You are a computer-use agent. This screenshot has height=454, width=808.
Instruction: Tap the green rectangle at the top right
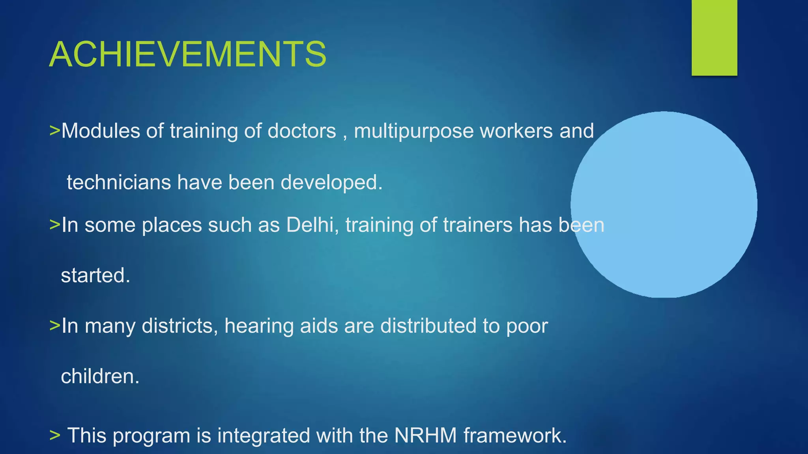click(x=714, y=37)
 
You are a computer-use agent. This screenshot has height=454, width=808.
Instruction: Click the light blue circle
click(x=664, y=204)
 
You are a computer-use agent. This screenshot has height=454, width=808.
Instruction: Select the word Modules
click(x=101, y=131)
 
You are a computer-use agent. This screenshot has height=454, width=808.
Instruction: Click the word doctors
click(x=302, y=131)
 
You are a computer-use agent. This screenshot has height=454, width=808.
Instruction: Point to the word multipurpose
click(x=413, y=132)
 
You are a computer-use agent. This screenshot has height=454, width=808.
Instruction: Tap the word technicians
click(x=119, y=182)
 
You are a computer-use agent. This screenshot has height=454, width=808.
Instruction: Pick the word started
click(x=95, y=275)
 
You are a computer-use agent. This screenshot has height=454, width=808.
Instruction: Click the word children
click(x=100, y=376)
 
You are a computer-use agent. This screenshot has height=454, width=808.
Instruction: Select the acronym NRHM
click(x=425, y=435)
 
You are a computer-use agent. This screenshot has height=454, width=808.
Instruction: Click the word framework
click(x=515, y=435)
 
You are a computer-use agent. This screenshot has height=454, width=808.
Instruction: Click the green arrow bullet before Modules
click(x=54, y=131)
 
